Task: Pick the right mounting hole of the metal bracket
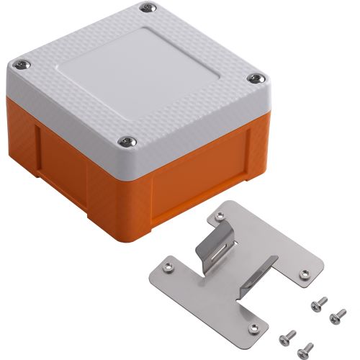[x=304, y=274]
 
